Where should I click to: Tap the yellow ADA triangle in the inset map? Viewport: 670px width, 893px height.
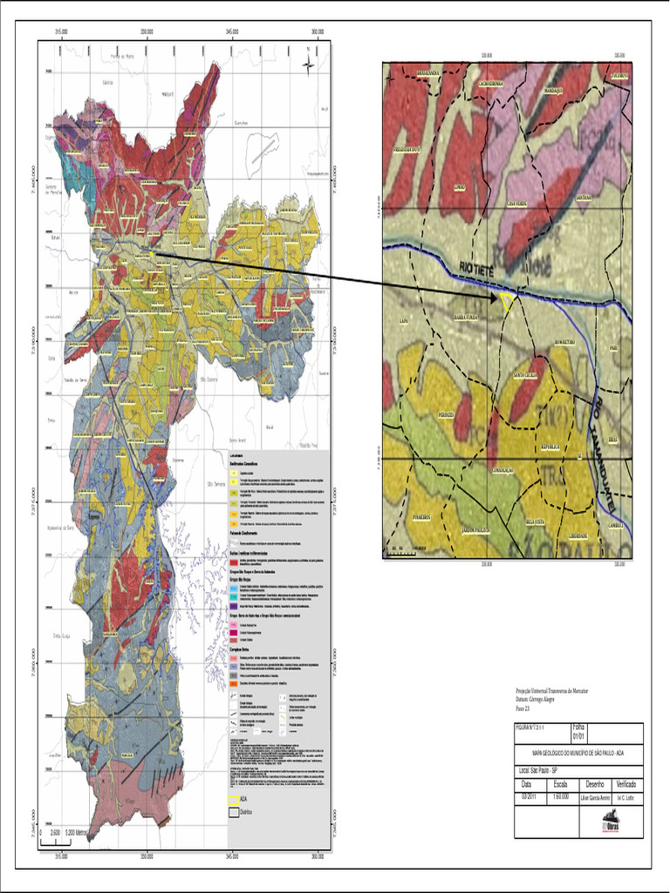(507, 301)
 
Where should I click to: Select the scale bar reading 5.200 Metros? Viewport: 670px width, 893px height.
(68, 833)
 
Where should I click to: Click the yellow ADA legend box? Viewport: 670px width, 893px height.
(233, 798)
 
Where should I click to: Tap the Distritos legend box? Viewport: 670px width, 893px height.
(233, 812)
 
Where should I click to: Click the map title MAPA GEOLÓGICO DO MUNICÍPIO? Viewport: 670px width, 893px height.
(578, 752)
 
